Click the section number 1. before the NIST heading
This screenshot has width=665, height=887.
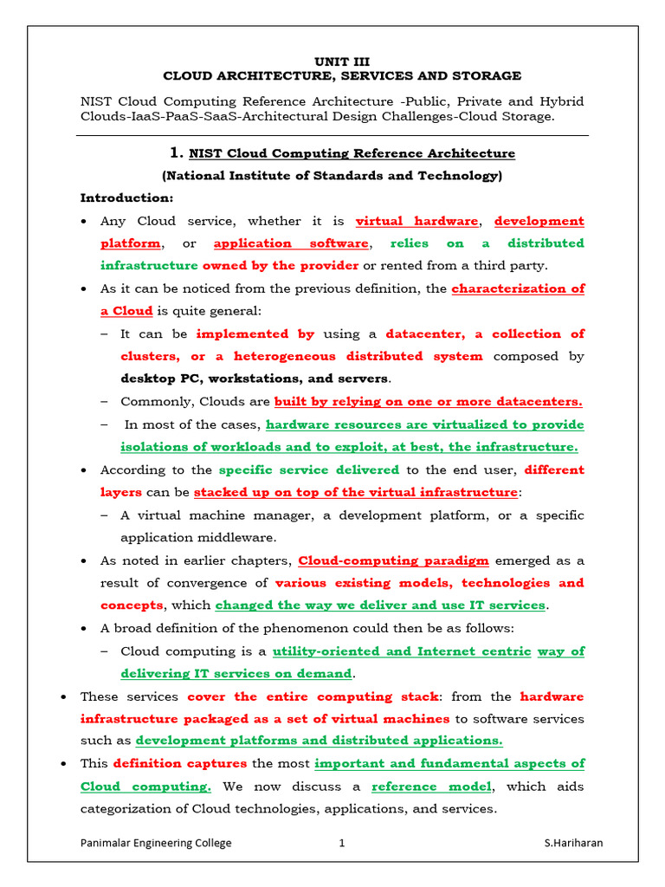click(178, 153)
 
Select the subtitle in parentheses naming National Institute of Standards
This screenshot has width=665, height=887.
click(332, 176)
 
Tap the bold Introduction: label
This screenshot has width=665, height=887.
click(126, 198)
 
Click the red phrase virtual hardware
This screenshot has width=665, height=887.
click(416, 221)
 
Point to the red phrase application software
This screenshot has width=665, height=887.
click(292, 243)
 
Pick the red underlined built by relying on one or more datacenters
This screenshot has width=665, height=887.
click(428, 401)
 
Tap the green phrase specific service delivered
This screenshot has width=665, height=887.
click(309, 469)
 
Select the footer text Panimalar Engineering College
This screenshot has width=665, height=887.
click(156, 843)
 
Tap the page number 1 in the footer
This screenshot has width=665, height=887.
click(342, 843)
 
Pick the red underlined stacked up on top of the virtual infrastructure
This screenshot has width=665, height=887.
click(355, 492)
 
